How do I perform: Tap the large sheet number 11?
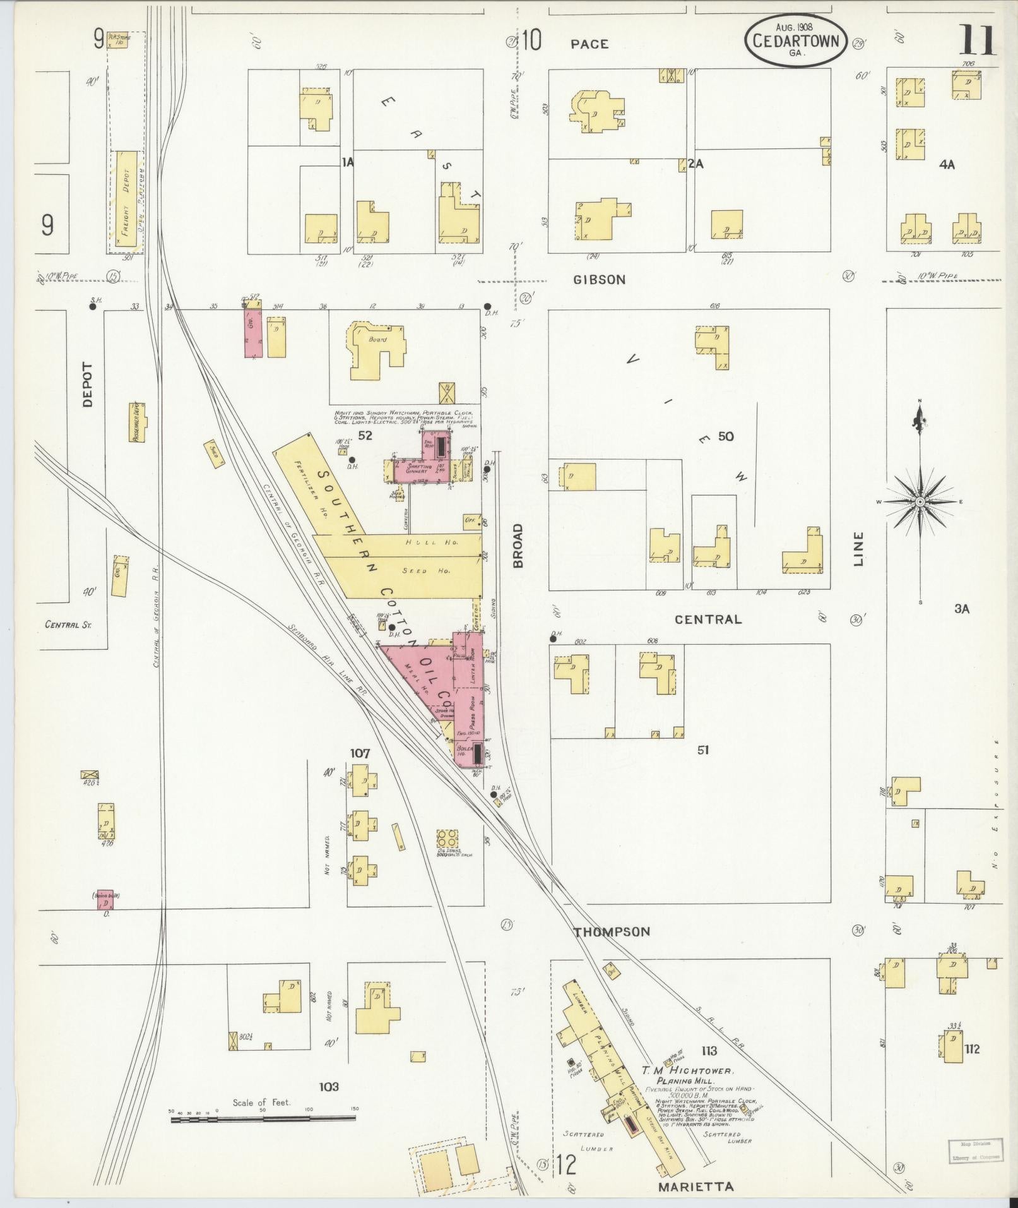[977, 40]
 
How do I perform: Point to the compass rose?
[920, 501]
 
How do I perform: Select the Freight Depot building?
[126, 201]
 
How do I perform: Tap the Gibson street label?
[599, 280]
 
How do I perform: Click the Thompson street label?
[612, 931]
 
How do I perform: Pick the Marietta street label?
[695, 1187]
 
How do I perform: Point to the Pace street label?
[589, 44]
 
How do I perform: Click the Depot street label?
[87, 384]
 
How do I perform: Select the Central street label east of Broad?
[708, 619]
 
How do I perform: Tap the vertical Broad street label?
[519, 545]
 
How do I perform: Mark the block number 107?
[360, 753]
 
